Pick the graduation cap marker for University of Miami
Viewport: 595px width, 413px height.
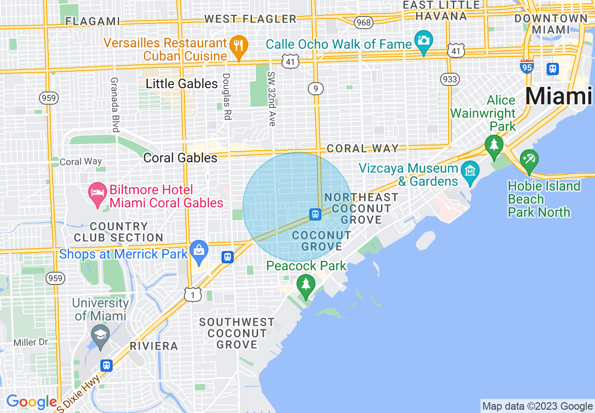[100, 336]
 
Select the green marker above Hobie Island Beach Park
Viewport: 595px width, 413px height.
[529, 160]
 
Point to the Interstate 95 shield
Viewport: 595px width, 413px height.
[527, 67]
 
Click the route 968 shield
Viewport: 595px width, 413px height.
[363, 22]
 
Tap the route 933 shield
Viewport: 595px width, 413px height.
[450, 79]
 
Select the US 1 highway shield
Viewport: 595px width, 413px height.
[193, 294]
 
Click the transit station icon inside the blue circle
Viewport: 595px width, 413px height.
[315, 214]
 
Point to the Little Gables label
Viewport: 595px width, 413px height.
[182, 84]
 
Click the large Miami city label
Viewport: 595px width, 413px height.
[558, 96]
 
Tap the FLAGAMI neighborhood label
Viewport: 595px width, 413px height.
[93, 21]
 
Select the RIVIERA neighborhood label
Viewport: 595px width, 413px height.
[154, 346]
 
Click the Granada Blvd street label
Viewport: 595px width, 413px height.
[114, 104]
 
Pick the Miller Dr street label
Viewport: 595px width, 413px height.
[31, 343]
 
